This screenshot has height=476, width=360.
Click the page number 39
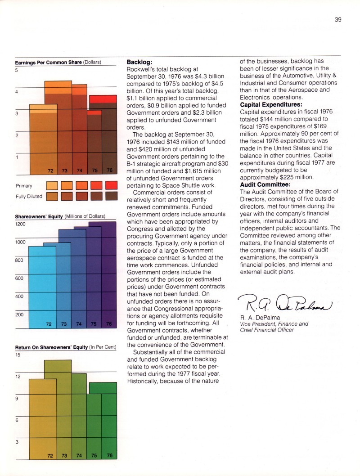tap(339, 19)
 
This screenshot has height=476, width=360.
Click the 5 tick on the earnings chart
tap(17, 70)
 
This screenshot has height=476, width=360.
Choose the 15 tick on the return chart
tap(18, 355)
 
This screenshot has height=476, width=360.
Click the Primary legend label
tap(24, 185)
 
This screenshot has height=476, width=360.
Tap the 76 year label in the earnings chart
tap(109, 171)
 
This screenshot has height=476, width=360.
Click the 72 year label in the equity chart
tap(50, 323)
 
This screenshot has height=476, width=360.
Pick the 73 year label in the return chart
tap(64, 455)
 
